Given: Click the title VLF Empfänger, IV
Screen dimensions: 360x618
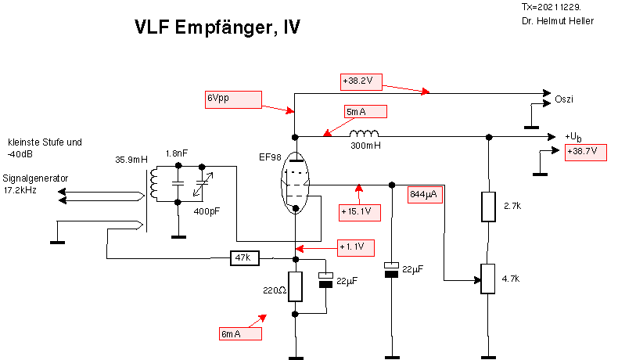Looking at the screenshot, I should (x=217, y=28).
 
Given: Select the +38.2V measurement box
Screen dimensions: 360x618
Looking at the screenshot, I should (x=361, y=81).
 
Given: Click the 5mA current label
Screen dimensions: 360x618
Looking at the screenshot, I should (x=365, y=112).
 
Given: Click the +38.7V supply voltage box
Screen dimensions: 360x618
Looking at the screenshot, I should (x=585, y=151).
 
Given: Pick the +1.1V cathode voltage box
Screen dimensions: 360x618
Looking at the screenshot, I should (x=355, y=247).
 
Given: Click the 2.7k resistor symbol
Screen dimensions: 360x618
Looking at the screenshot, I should (x=488, y=206).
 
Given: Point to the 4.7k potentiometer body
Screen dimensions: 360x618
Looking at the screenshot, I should (x=488, y=279).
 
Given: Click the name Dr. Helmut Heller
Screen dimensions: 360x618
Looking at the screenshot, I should (x=557, y=20).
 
